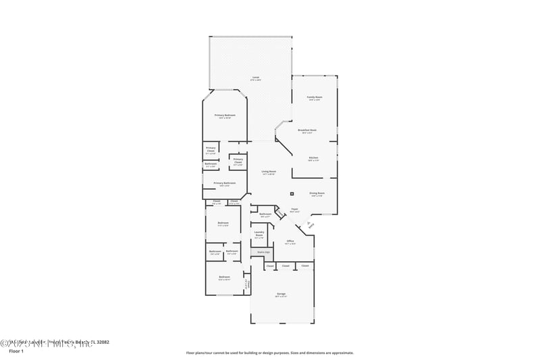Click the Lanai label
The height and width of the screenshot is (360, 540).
tap(256, 77)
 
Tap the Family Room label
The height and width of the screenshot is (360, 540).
tap(315, 97)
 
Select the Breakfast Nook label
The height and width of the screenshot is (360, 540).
tap(307, 130)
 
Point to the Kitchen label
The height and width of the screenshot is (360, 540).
tap(313, 158)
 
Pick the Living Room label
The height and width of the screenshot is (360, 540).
tap(269, 172)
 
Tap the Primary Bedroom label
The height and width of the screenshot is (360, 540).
tap(224, 115)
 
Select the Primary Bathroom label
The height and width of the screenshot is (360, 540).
tap(224, 183)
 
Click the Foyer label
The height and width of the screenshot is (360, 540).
tap(294, 209)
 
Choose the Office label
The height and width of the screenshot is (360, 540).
tap(290, 240)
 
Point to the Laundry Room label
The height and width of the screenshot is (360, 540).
tap(259, 234)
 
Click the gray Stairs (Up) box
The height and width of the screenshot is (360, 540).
tap(261, 253)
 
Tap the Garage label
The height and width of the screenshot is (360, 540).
tap(281, 294)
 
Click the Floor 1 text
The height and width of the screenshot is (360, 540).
tap(16, 351)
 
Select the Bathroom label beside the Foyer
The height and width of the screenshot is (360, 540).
tap(265, 214)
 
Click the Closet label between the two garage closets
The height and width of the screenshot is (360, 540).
tap(286, 266)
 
